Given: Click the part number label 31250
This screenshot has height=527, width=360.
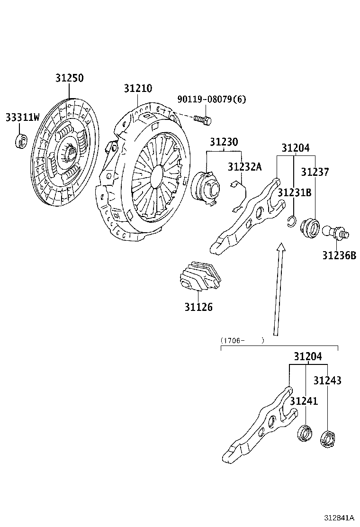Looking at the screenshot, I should [x=69, y=79].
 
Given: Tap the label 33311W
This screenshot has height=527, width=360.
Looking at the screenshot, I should [x=22, y=117].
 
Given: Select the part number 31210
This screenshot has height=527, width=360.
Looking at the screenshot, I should [x=138, y=89].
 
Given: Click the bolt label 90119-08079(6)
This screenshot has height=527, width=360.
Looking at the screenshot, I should [x=212, y=100].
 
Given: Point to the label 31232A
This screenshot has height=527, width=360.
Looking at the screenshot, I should [x=244, y=167].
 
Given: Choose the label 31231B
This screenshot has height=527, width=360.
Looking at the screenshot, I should [x=294, y=192].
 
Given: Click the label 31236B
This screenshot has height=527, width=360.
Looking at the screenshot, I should [x=339, y=255].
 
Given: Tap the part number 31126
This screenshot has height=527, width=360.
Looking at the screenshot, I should [x=198, y=307].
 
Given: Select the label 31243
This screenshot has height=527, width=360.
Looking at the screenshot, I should [x=327, y=381].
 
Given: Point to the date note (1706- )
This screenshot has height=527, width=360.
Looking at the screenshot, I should [x=242, y=340].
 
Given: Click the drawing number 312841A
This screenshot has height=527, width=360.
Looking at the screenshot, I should [x=339, y=518].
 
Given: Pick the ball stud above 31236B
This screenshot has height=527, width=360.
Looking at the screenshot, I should [x=335, y=232].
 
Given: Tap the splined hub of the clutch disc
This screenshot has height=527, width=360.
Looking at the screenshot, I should [x=71, y=153].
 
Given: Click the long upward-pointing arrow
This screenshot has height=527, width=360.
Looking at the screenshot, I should [x=278, y=289].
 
